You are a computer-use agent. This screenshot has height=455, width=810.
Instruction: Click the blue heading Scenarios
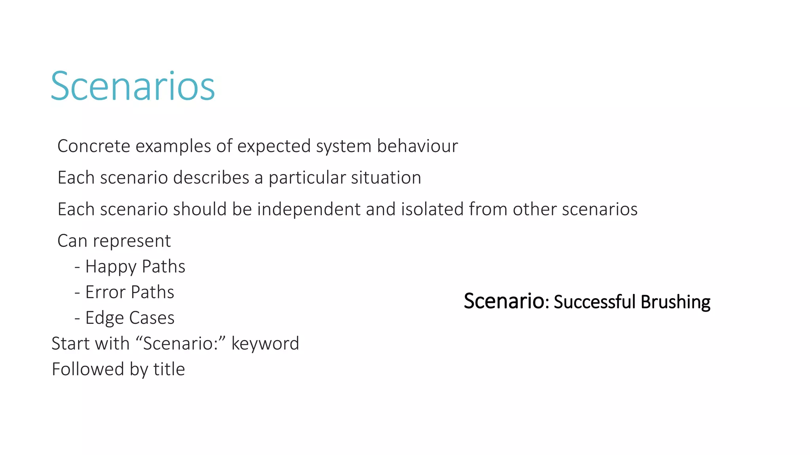[133, 86]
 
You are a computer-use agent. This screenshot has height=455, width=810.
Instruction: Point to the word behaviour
[417, 146]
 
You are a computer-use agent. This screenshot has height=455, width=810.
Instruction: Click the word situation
[386, 178]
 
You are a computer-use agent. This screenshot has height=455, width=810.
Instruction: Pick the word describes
[211, 178]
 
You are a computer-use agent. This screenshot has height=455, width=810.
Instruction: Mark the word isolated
[432, 209]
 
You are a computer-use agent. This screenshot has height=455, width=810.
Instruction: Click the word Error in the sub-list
[105, 292]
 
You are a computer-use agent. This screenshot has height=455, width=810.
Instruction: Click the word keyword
[265, 344]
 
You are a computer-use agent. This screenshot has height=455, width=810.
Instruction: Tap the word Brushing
[676, 302]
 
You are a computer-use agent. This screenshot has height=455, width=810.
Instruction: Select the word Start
[71, 344]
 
